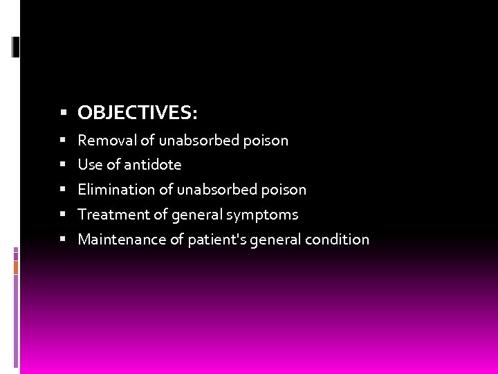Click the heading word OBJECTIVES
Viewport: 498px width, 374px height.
(137, 112)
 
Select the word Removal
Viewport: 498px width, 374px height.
(107, 140)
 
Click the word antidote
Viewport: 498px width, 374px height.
(152, 165)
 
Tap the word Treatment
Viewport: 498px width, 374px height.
(113, 215)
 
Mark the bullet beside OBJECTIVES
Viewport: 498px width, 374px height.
(63, 112)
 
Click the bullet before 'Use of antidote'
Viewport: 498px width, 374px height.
(63, 165)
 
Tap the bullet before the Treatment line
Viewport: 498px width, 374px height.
(63, 215)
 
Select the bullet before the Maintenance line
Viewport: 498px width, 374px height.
(63, 240)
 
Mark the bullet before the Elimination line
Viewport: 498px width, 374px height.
(63, 190)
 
